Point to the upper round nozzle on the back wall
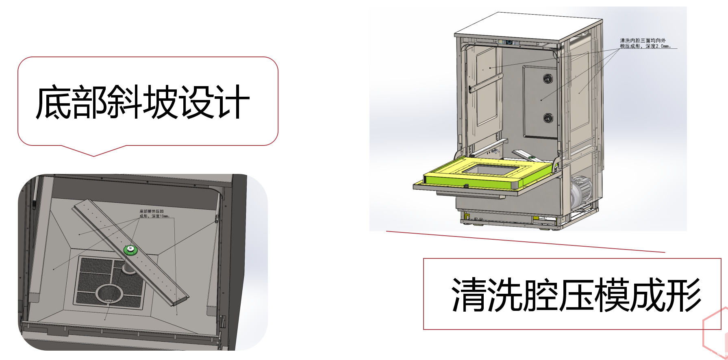(x=548, y=78)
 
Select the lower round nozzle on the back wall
(x=548, y=118)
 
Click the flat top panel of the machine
(x=528, y=28)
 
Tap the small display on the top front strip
(x=509, y=41)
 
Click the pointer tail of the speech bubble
(x=94, y=152)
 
